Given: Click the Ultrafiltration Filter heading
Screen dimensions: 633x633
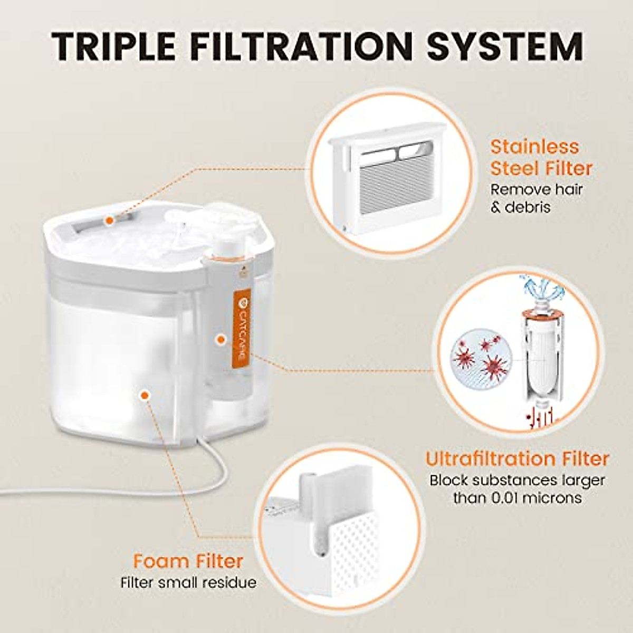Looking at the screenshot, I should coord(517,458).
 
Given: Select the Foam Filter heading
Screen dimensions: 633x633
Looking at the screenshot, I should coord(188,560).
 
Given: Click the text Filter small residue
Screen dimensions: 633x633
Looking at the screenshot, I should coord(188,582).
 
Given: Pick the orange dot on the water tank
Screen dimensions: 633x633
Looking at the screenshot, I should coord(143,394).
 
